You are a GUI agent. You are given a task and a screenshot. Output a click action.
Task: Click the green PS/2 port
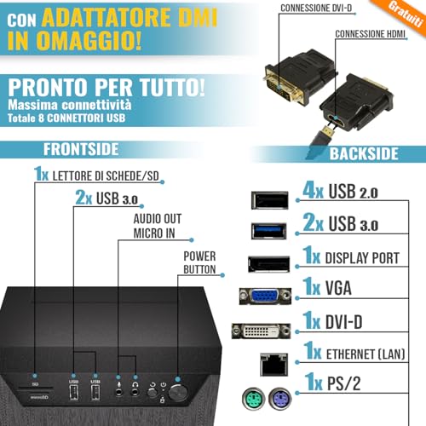point(253,399)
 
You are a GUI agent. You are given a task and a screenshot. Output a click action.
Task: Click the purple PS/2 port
point(280,399)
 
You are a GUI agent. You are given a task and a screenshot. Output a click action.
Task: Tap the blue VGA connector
point(265,296)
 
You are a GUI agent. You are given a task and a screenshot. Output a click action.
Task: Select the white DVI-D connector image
point(261,331)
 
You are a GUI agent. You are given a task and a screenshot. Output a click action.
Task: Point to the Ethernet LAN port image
point(273,365)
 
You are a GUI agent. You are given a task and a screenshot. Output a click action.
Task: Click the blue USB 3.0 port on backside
point(269,231)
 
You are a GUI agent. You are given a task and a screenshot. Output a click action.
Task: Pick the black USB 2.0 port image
point(270,200)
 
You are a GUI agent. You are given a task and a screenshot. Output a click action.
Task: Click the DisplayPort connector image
point(269,264)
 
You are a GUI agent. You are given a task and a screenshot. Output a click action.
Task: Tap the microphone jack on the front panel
point(118,392)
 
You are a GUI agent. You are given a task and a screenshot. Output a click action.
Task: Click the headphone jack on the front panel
point(135,392)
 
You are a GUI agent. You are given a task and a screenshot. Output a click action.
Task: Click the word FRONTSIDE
point(81,149)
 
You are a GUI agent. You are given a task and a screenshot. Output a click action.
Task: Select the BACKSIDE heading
point(364,153)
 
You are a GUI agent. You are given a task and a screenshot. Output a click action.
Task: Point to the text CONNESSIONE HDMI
point(370,34)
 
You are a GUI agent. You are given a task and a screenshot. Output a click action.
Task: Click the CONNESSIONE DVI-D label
point(316,9)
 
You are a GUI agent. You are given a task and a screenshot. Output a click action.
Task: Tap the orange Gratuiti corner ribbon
point(406,15)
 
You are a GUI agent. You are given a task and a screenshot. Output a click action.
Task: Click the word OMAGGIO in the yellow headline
point(89,40)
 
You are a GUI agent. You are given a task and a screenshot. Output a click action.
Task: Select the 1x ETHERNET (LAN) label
point(354,351)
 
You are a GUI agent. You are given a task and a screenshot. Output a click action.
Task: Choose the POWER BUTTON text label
point(199,262)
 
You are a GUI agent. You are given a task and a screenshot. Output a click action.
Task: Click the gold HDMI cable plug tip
point(328,131)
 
